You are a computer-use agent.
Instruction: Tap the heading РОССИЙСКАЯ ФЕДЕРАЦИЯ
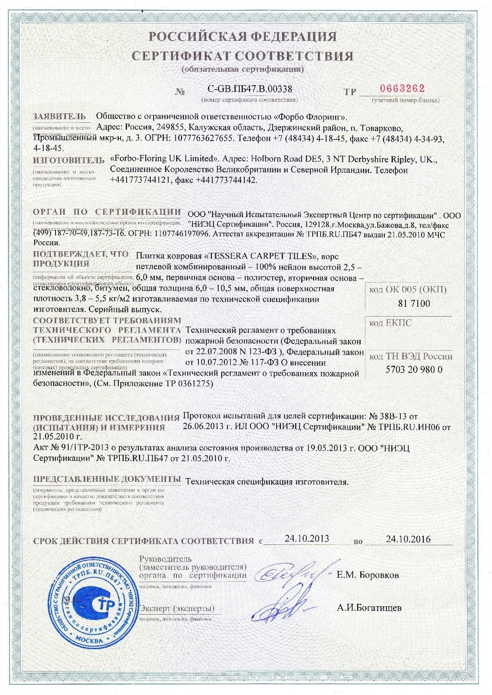[x=242, y=36]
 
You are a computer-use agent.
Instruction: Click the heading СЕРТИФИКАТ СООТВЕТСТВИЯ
[x=242, y=55]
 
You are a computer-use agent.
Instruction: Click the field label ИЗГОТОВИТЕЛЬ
[x=68, y=160]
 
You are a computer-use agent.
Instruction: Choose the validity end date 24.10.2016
[x=408, y=539]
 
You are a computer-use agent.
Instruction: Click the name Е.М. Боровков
[x=368, y=575]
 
